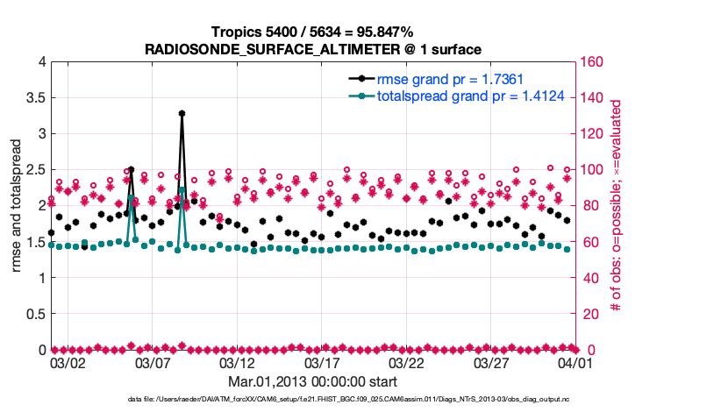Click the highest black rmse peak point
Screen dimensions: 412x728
182,113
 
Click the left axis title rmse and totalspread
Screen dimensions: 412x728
17,207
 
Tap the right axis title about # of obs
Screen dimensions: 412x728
617,205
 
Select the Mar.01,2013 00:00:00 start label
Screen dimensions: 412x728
313,382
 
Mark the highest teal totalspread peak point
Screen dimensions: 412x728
182,190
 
